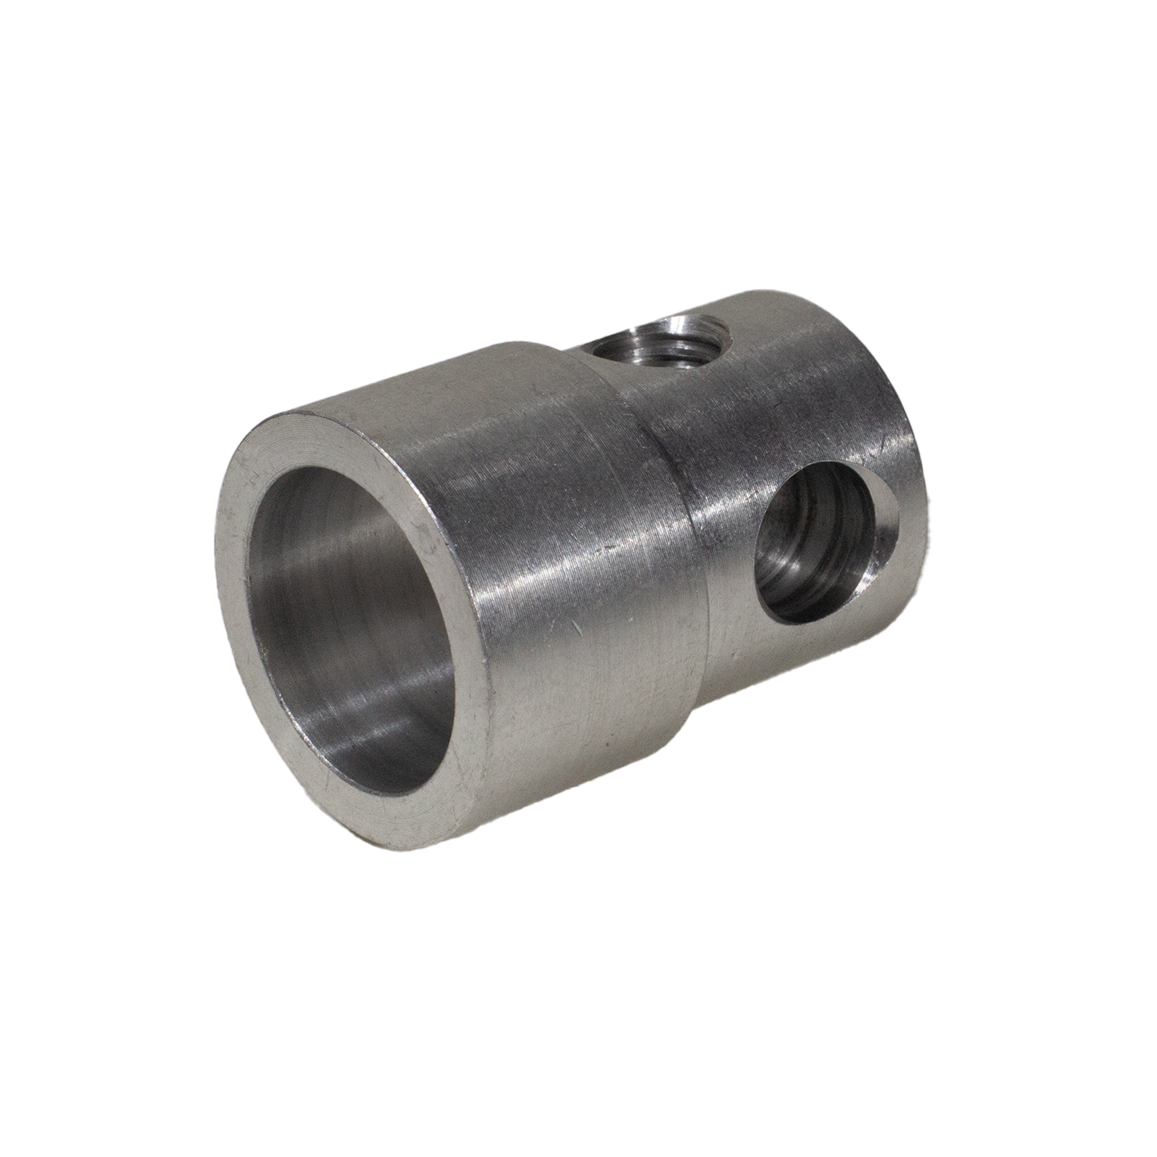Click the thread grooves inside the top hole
pyautogui.click(x=681, y=336)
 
